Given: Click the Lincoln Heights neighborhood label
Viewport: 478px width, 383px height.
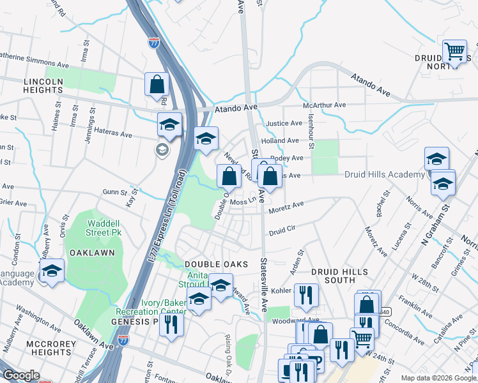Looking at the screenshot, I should (43, 86).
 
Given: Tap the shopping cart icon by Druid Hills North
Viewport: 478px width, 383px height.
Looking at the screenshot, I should (454, 51).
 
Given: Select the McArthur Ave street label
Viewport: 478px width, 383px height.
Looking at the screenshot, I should (324, 105).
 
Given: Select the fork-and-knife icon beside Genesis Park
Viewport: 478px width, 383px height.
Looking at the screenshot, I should (171, 324).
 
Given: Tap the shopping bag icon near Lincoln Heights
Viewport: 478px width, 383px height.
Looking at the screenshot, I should (157, 84).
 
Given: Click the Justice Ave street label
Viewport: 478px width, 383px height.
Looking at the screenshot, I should (283, 123).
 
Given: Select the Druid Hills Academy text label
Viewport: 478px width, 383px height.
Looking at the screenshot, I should (385, 174).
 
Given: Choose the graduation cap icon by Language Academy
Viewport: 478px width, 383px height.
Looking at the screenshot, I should (52, 271).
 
